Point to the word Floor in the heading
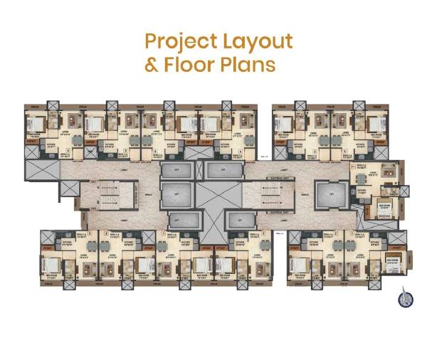188,65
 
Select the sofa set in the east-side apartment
388,171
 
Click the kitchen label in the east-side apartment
361,191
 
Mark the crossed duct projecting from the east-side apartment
404,191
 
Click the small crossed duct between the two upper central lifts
201,169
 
